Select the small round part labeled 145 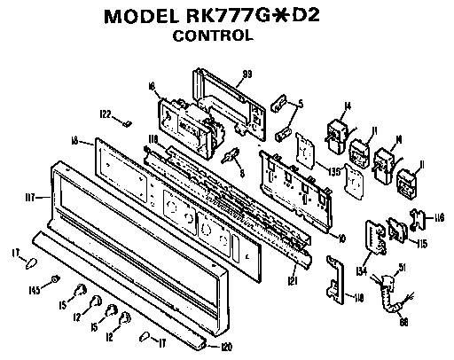point(55,280)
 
